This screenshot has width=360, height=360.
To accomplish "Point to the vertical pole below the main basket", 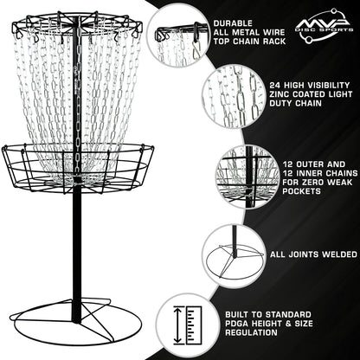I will pos(76,251).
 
